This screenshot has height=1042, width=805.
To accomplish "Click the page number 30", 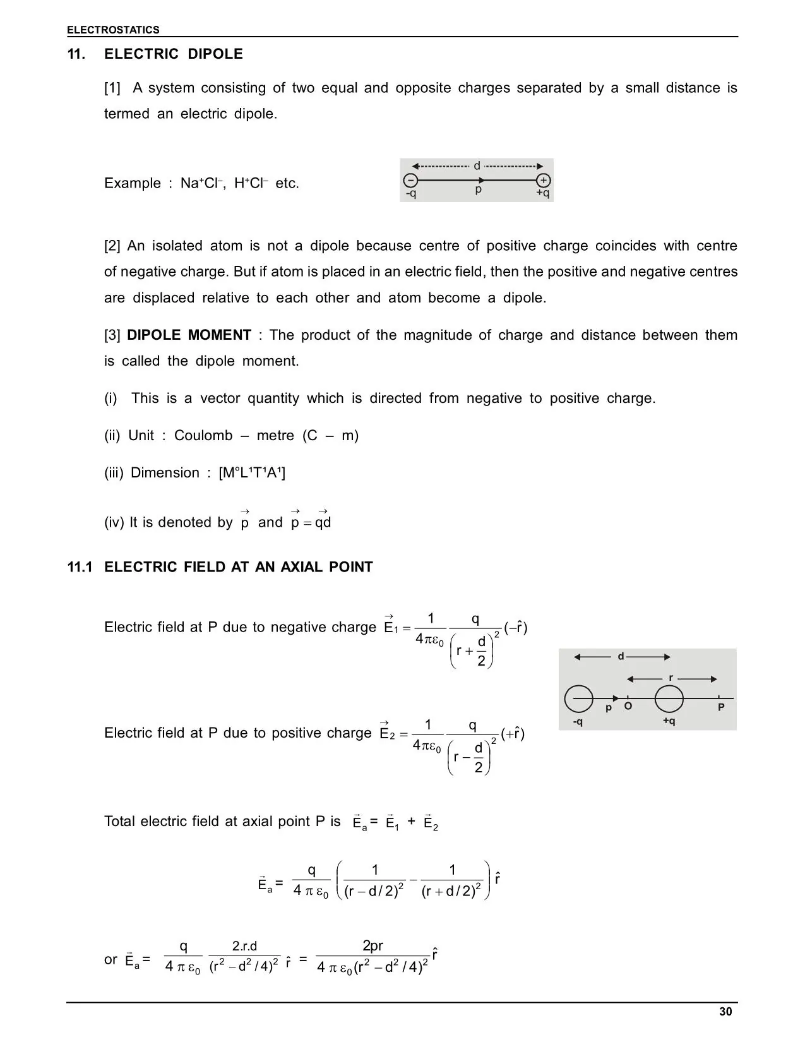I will point(725,1012).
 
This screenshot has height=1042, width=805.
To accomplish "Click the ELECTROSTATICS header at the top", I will point(113,30).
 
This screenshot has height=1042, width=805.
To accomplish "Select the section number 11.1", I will point(80,567).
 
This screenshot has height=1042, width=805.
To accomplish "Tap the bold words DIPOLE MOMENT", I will point(189,335).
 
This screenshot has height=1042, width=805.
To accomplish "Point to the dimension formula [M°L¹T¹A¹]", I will point(252,473).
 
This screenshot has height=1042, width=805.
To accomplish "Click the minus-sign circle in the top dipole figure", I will point(410,180).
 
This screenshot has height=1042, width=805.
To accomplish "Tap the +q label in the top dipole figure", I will point(543,193).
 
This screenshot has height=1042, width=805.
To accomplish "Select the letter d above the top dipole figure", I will point(477,166).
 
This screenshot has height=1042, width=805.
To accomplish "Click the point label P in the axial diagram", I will point(721,707).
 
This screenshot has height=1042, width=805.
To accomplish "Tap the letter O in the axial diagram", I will point(628,706).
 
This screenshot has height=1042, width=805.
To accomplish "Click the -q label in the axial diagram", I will point(577,721).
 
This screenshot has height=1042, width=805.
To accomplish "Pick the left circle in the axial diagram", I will point(579,698).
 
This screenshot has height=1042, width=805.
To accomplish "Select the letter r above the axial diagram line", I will point(671,678).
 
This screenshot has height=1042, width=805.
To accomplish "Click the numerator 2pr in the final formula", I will point(373,946).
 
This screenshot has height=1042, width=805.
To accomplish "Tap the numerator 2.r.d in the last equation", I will point(244,946).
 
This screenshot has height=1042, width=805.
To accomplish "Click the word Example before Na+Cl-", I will point(133,184).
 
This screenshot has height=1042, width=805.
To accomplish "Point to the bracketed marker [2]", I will point(112,246).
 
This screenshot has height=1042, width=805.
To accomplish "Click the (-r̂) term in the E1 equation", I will point(516,628).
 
